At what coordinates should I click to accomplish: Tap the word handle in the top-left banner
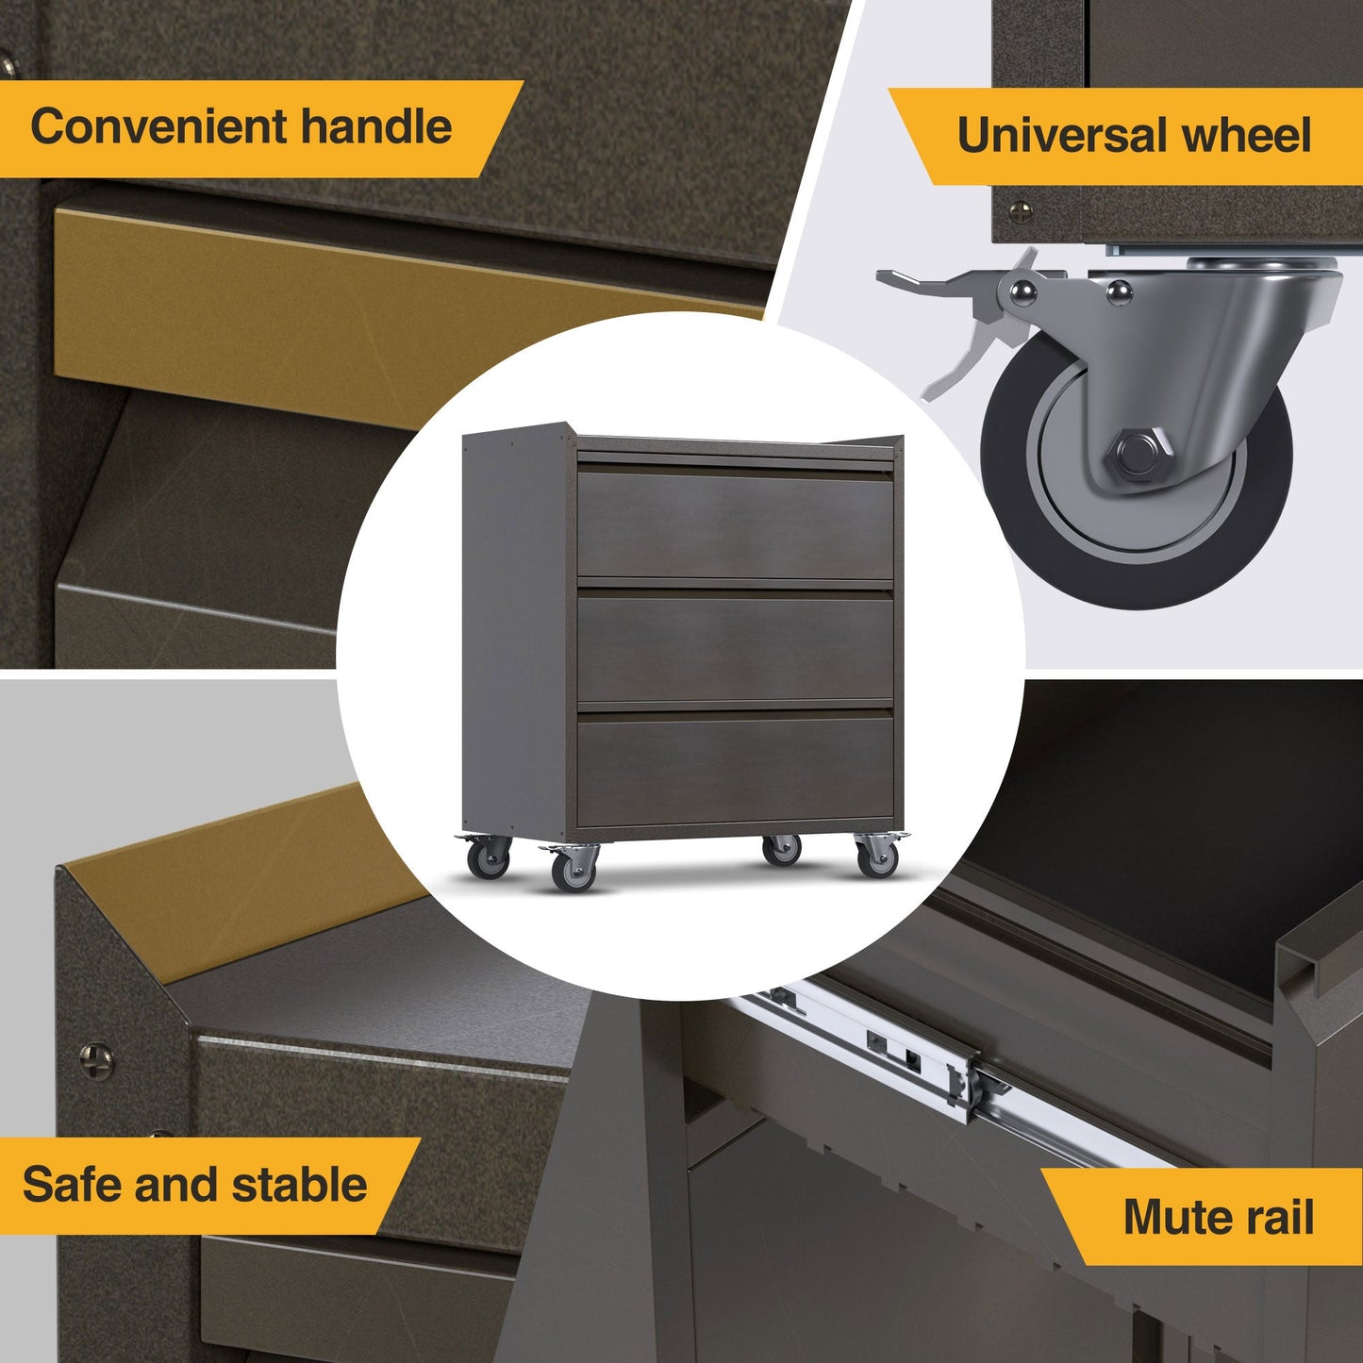(x=376, y=127)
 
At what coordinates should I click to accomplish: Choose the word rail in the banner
(x=1280, y=1217)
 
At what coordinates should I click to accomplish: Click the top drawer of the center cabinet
(x=735, y=524)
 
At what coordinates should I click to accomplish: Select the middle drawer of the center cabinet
(x=735, y=647)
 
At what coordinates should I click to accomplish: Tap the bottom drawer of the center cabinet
(x=735, y=769)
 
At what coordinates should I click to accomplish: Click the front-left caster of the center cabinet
(x=573, y=868)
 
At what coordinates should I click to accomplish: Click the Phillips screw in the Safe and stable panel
(x=95, y=1061)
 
